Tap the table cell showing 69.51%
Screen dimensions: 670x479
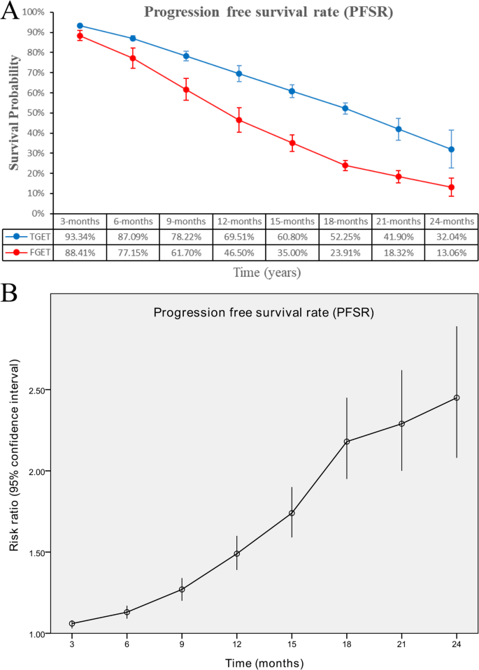coord(239,236)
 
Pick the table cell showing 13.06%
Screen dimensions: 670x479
coord(451,252)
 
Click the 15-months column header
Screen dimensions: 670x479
coord(292,220)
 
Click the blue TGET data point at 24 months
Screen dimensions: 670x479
coord(451,149)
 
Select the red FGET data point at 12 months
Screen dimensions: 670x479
coord(239,120)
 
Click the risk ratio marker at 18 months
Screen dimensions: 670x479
coord(347,442)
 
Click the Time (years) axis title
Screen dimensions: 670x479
coord(267,272)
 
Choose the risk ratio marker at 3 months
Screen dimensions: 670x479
coord(72,623)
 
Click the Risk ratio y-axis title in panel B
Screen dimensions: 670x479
coord(14,454)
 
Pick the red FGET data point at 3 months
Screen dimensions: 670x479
coord(80,36)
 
